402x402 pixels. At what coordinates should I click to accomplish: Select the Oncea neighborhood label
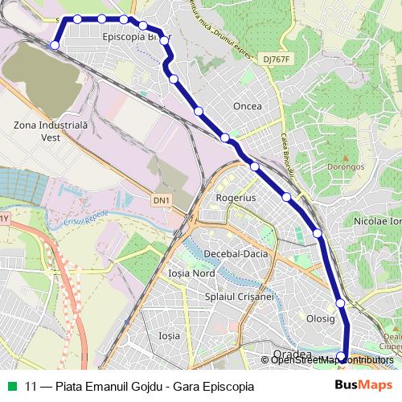247,105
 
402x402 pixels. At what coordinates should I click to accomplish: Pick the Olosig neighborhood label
321,318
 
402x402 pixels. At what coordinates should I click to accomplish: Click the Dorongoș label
347,166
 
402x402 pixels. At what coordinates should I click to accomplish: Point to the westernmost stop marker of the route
55,45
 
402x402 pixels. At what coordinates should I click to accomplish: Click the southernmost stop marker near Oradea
341,357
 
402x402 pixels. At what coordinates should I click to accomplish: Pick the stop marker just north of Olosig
340,303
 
